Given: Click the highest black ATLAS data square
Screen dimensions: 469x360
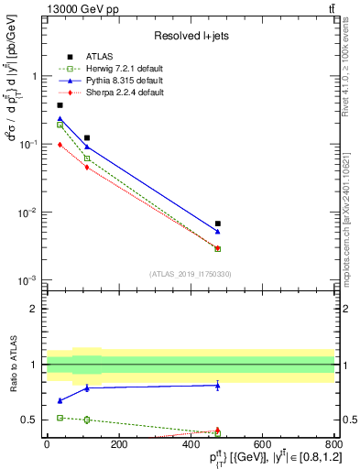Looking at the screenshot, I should (60, 105).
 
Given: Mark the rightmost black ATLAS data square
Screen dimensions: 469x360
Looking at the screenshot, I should (218, 224).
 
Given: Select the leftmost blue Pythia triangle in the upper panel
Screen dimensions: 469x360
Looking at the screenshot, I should (60, 119).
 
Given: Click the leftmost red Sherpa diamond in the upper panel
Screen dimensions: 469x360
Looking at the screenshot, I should (60, 145).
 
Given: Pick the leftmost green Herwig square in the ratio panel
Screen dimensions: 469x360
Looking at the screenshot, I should (60, 418).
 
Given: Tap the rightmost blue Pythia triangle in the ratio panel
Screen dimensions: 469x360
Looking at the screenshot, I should (218, 386).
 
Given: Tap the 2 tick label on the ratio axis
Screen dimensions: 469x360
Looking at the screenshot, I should (33, 309).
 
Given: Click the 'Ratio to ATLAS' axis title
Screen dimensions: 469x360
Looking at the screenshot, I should (12, 364).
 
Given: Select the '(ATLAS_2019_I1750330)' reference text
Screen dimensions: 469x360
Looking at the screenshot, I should (191, 273).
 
